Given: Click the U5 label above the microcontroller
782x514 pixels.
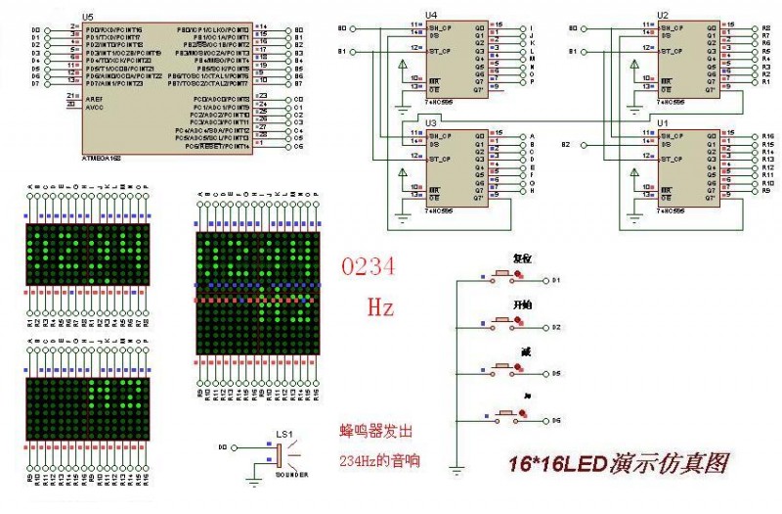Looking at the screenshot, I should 88,18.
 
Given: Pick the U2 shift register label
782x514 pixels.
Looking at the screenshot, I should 663,15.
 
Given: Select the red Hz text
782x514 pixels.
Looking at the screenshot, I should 380,308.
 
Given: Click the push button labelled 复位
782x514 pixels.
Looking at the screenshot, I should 504,280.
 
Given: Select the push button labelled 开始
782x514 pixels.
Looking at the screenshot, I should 504,326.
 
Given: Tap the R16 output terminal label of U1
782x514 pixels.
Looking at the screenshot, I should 767,136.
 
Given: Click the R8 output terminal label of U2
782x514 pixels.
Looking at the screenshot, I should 767,29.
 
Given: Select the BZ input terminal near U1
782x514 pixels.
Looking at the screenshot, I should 566,145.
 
